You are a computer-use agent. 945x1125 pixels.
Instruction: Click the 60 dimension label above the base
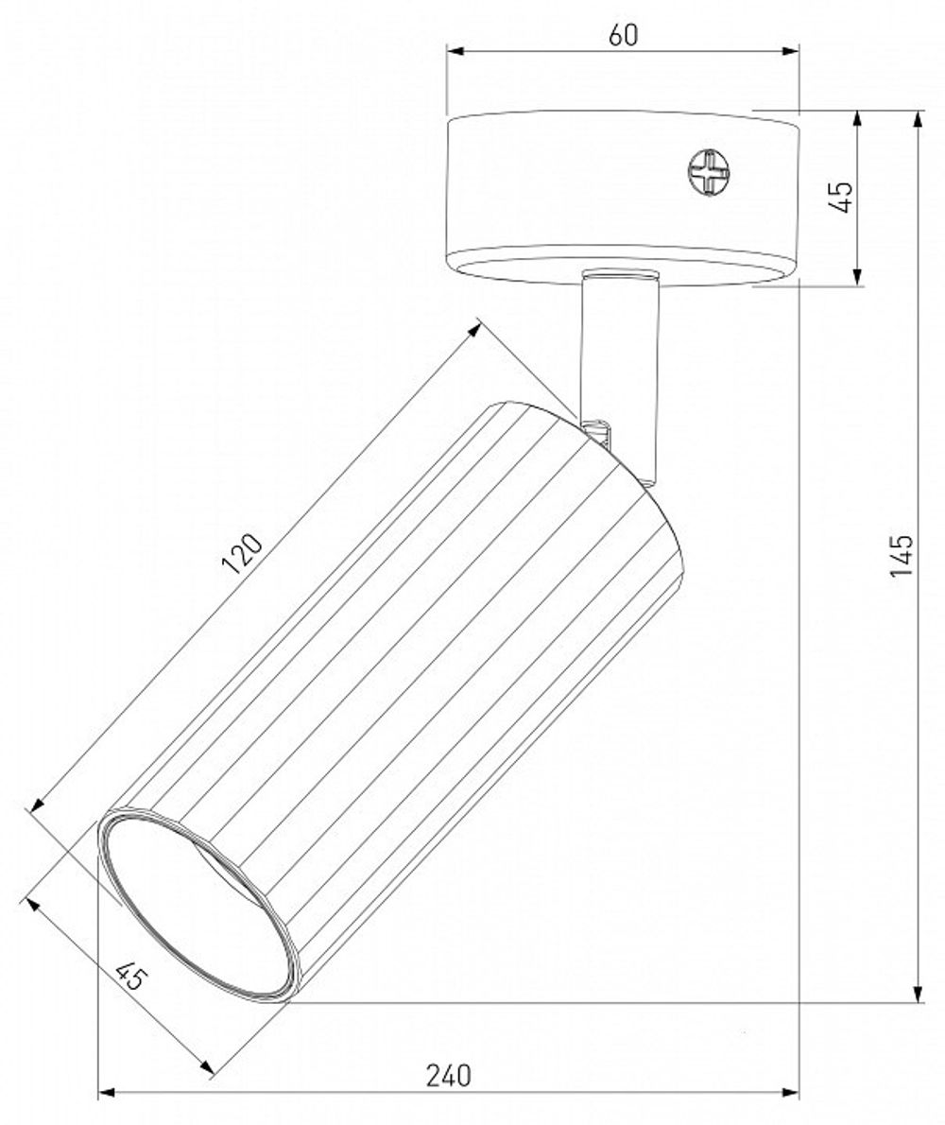[x=623, y=35]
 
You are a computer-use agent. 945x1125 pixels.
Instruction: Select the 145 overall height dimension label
[x=902, y=556]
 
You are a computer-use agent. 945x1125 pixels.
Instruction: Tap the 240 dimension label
[x=448, y=1076]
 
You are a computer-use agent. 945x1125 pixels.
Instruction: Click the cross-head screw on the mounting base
[x=709, y=175]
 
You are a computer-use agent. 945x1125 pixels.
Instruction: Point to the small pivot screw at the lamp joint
[x=599, y=431]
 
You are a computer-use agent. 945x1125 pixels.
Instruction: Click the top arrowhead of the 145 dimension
[x=918, y=119]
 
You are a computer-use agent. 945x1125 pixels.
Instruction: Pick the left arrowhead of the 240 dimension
[x=107, y=1093]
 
